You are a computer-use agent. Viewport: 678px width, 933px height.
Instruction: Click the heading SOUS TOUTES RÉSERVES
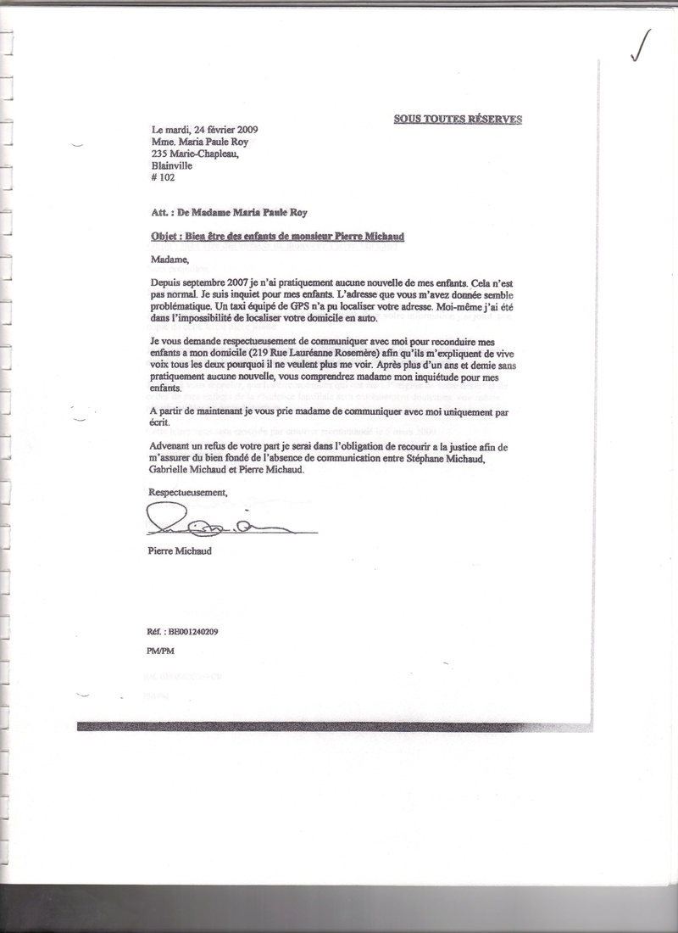tap(458, 119)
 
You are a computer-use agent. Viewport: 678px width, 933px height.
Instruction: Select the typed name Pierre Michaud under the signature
tap(180, 551)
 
